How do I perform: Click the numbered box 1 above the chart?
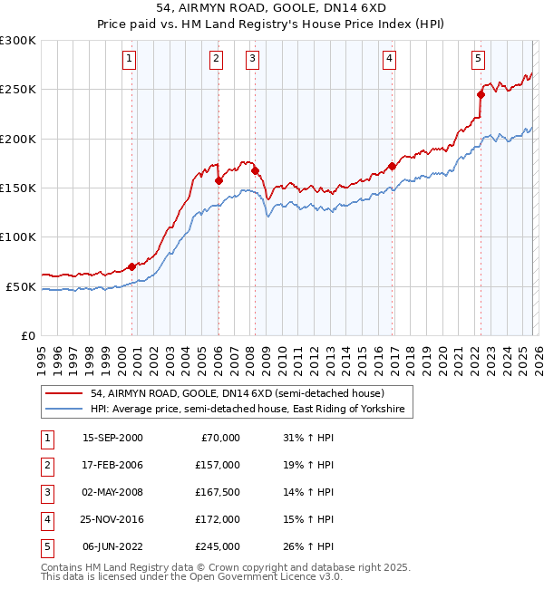tap(131, 59)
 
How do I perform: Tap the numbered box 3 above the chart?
tap(252, 59)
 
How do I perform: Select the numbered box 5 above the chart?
tap(478, 59)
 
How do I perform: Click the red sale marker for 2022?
tap(481, 93)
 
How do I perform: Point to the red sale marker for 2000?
tap(131, 266)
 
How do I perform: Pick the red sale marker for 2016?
tap(392, 166)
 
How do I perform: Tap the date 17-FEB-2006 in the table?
tap(112, 464)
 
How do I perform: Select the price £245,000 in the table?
tap(219, 546)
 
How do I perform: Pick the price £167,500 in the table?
tap(219, 492)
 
